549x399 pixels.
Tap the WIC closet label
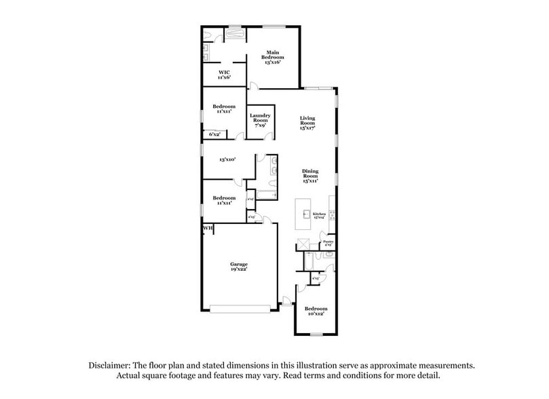point(223,75)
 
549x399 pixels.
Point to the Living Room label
point(308,123)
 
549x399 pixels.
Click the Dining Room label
point(310,176)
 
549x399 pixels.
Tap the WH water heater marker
point(208,229)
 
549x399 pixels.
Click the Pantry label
point(328,242)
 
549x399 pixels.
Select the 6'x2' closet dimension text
point(214,134)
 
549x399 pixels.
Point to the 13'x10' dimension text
point(226,159)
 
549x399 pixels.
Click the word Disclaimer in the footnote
point(111,364)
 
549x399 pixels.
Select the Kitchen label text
point(318,214)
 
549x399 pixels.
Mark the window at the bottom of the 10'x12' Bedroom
point(316,335)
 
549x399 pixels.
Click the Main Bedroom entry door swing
point(252,85)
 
